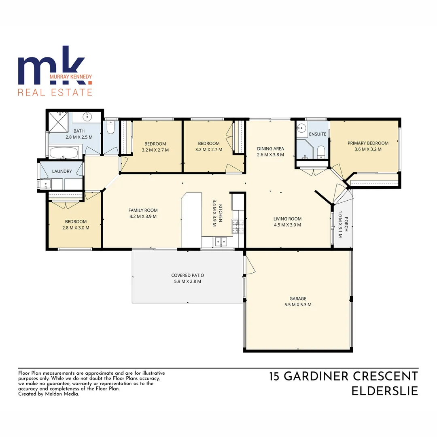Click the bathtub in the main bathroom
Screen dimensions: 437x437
(x=64, y=153)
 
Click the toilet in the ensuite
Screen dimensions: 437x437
(x=321, y=152)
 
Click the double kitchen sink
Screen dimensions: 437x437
(x=221, y=242)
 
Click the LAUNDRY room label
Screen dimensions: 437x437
(x=62, y=171)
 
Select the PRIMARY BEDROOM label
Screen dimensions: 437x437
(x=368, y=143)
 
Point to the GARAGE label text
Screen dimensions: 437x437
(x=298, y=299)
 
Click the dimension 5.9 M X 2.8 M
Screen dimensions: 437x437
(x=186, y=281)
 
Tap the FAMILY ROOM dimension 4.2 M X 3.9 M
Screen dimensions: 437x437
(x=143, y=216)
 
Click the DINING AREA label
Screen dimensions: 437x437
(x=270, y=148)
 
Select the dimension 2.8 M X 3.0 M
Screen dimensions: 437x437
(x=76, y=227)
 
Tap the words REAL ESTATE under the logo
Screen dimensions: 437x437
(x=55, y=92)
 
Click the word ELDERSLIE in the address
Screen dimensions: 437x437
(x=384, y=391)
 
